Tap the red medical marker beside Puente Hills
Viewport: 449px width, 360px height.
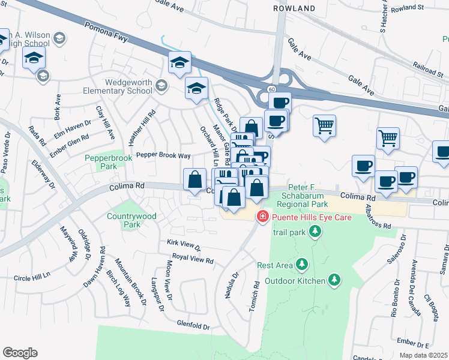pos(262,216)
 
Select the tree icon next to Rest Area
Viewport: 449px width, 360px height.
pos(301,265)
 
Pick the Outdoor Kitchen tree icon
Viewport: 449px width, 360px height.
pos(334,280)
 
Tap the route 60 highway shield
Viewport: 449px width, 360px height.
pos(272,89)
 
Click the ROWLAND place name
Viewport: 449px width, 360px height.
pos(294,8)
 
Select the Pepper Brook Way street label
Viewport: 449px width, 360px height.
pos(163,155)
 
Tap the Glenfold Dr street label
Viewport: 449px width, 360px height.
pos(193,327)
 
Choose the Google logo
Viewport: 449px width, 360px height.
pos(20,353)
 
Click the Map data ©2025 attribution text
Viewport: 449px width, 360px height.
pos(423,355)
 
